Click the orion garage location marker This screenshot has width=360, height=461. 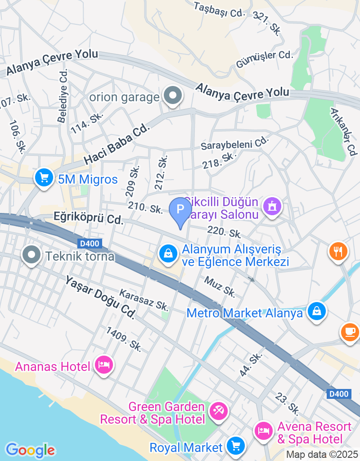(172, 96)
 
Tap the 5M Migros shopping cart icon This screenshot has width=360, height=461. (44, 178)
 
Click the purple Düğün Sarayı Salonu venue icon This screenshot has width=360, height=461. (272, 207)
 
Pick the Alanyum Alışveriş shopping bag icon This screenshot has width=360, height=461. (168, 253)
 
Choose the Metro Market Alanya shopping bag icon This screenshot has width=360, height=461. (317, 311)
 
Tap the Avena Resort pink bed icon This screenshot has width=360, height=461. (263, 431)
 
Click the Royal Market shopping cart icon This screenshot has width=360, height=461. (235, 446)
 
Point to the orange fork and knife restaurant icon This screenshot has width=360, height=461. (338, 250)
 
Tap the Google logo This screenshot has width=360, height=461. (30, 450)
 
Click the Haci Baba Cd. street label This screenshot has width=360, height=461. (117, 145)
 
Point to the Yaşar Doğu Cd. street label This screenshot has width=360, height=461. (100, 297)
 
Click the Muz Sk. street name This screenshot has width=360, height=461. (220, 287)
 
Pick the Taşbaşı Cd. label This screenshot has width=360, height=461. (218, 9)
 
